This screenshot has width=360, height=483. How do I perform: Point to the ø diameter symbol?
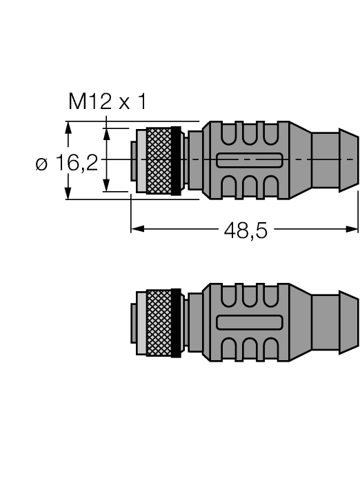click(x=42, y=164)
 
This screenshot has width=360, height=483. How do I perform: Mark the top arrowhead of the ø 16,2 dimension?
click(x=68, y=128)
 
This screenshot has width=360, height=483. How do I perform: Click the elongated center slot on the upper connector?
click(x=249, y=161)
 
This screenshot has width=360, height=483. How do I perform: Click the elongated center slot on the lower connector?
click(x=249, y=322)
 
